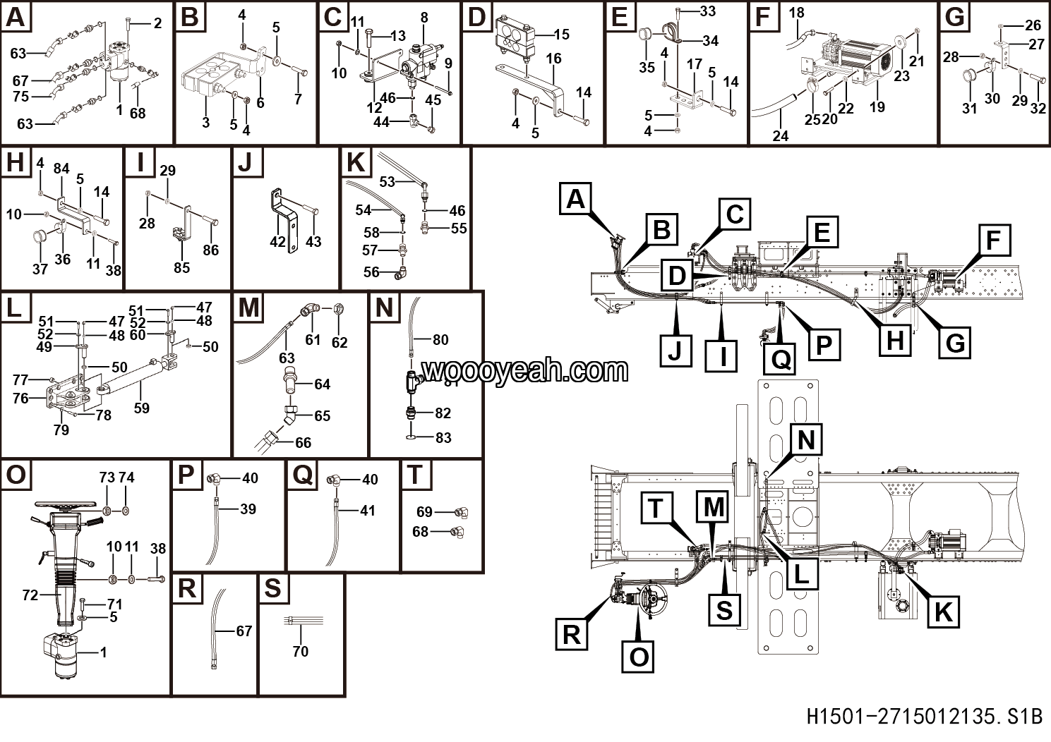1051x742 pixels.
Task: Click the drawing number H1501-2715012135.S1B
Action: point(924,717)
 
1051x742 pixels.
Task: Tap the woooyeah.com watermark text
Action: point(524,370)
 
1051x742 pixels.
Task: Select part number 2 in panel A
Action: point(157,23)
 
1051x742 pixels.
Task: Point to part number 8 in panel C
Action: point(424,18)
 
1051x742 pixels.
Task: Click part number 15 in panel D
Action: point(561,35)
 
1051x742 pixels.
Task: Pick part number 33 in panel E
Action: point(707,11)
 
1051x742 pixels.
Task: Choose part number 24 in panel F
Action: point(780,135)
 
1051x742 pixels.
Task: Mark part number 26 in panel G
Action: point(1033,25)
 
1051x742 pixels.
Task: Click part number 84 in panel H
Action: point(61,169)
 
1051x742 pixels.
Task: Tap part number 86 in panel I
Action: point(210,250)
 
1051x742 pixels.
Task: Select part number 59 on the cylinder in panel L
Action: point(141,408)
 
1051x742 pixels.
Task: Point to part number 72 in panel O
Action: point(30,595)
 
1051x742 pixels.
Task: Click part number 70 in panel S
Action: point(300,651)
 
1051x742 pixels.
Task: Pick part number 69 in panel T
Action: point(424,512)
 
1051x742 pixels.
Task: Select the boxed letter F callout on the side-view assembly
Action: point(992,241)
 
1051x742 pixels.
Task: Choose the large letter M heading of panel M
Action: point(249,308)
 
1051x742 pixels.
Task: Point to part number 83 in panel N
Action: point(443,438)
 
